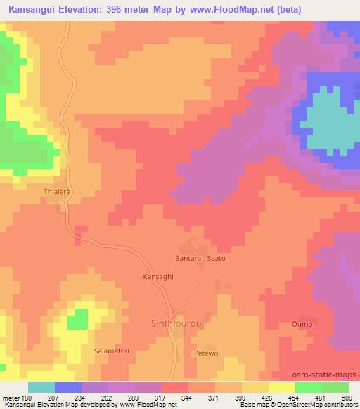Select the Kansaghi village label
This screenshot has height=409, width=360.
157,276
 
